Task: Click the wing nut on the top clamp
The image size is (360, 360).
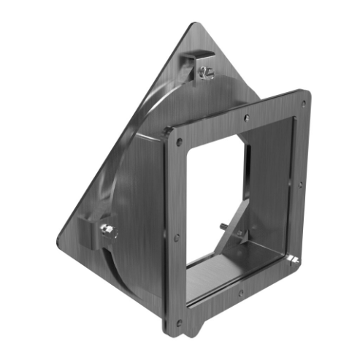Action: click(x=205, y=73)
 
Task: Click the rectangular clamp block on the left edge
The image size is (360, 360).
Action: click(x=94, y=233)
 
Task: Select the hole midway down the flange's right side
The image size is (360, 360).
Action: click(x=300, y=184)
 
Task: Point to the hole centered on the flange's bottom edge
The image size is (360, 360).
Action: click(x=241, y=294)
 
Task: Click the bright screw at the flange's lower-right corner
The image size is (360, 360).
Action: click(x=294, y=259)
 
